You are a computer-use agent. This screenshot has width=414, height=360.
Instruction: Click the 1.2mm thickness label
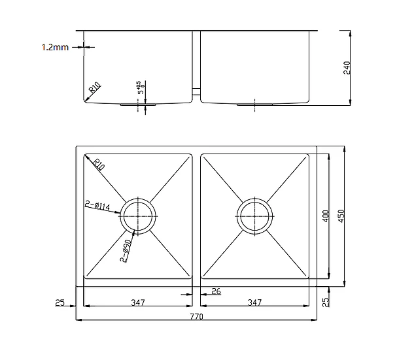(55, 47)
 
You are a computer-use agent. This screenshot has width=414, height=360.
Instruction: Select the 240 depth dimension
(347, 68)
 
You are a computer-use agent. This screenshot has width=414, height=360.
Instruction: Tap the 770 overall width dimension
(196, 316)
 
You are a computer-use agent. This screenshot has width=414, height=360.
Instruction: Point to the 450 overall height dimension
(341, 216)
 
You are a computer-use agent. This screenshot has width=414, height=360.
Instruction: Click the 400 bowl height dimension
(326, 216)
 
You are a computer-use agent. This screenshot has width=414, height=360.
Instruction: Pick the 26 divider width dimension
(216, 291)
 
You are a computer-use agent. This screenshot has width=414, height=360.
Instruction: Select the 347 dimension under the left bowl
(138, 303)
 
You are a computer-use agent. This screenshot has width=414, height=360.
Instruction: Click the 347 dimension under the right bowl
(254, 303)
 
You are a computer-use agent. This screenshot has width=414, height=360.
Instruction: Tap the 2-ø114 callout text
(97, 205)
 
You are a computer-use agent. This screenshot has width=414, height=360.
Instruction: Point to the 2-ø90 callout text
(126, 251)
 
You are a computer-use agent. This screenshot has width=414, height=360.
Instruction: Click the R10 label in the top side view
(95, 88)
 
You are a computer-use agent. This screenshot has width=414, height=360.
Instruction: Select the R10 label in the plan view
(99, 164)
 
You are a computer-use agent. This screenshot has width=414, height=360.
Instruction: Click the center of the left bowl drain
(138, 216)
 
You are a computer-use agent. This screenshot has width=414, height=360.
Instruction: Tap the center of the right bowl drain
(254, 216)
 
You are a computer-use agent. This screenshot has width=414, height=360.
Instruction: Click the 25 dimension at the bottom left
(60, 303)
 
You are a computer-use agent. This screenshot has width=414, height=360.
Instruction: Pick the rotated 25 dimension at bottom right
(326, 302)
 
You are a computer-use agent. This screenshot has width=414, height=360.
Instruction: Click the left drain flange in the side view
(138, 105)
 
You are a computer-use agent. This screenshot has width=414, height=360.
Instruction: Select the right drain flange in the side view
(254, 105)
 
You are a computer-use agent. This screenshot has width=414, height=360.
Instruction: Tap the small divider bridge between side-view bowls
(196, 91)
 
